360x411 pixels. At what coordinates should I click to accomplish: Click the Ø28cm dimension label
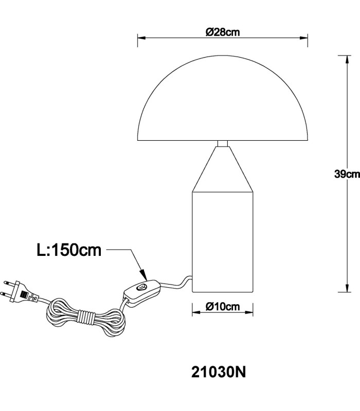pyautogui.click(x=223, y=32)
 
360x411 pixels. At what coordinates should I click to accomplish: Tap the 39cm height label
pyautogui.click(x=347, y=174)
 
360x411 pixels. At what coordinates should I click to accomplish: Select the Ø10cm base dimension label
pyautogui.click(x=223, y=306)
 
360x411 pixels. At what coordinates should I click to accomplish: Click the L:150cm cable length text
pyautogui.click(x=69, y=250)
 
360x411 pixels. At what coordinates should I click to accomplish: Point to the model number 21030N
pyautogui.click(x=219, y=371)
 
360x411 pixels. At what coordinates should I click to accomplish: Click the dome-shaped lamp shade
pyautogui.click(x=223, y=98)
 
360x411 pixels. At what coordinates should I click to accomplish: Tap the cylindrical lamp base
pyautogui.click(x=223, y=242)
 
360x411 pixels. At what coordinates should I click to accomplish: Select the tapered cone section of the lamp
pyautogui.click(x=223, y=169)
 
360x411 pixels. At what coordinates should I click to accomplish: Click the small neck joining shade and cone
pyautogui.click(x=223, y=144)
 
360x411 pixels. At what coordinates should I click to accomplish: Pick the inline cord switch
pyautogui.click(x=142, y=291)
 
